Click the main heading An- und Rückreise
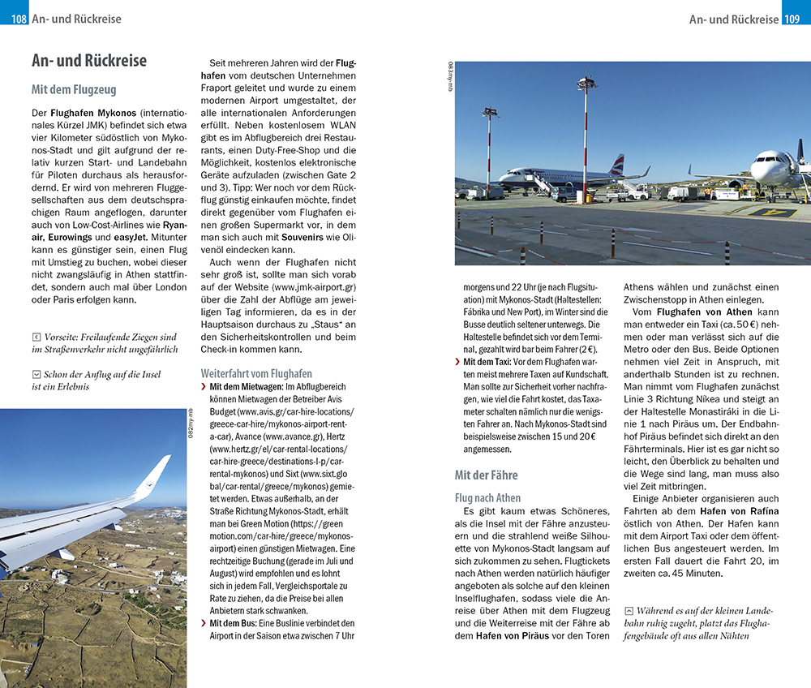[89, 61]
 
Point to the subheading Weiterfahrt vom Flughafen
[256, 373]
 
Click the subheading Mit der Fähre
[486, 475]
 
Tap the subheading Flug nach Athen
[488, 497]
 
